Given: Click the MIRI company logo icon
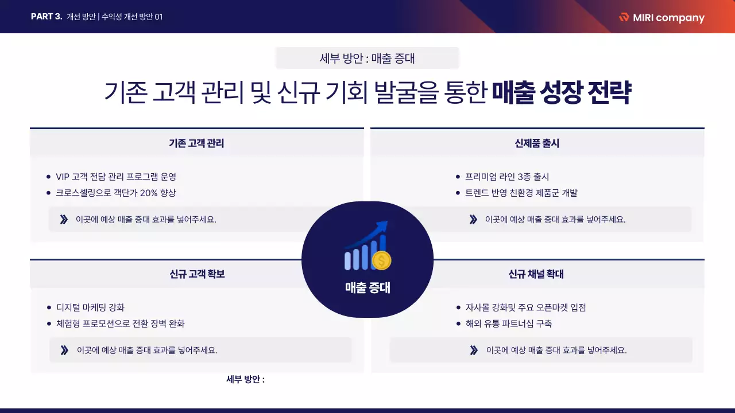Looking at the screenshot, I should pos(624,17).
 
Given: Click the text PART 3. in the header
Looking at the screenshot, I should pos(47,17).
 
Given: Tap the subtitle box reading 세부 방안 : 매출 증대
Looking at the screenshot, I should pos(367,58).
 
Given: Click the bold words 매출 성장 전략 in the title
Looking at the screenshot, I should pos(561,93).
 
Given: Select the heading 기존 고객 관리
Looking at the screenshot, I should pos(196,143).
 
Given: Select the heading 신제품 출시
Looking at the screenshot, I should pos(537,143).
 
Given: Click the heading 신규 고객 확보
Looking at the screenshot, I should pos(197,274).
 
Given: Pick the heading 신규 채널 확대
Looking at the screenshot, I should pos(536,274).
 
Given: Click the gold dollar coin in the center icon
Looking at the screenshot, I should pos(381,261).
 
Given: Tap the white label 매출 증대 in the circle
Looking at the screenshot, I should pos(367,288).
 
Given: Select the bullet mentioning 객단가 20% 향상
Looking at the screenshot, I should pos(115,193).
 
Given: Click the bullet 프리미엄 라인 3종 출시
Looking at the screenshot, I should pos(507,177).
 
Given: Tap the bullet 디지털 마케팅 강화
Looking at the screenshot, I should pos(90,307).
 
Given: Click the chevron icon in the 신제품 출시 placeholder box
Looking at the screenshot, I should pos(473,219).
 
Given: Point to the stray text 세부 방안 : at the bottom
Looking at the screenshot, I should pos(246,379).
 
